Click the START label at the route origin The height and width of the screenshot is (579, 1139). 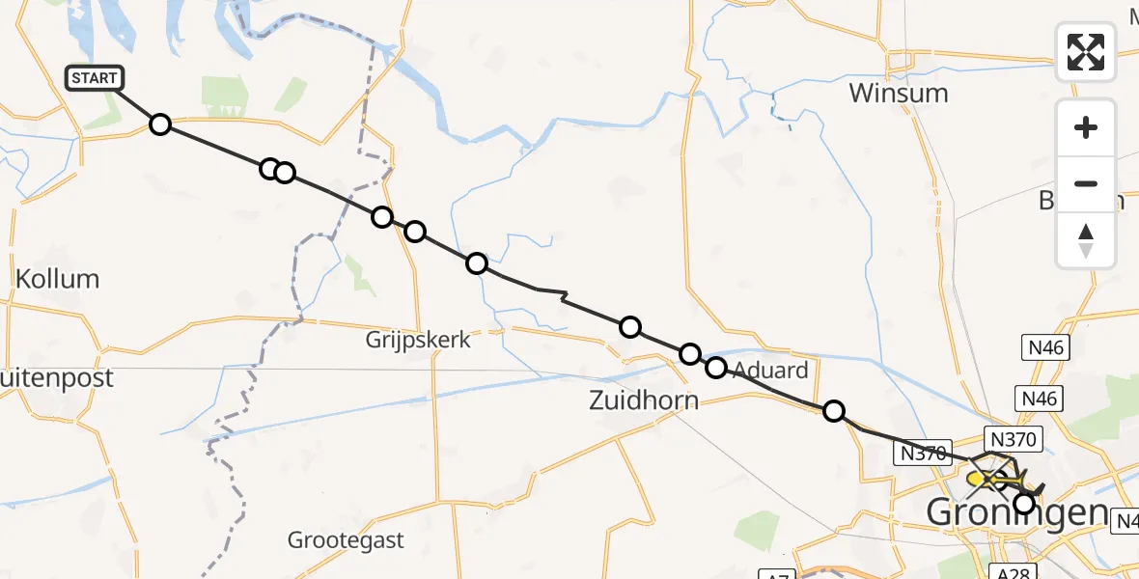(x=95, y=78)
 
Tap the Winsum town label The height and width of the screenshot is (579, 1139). (x=899, y=94)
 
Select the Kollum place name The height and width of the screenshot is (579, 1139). (x=58, y=279)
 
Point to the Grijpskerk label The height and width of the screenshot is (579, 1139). (x=418, y=340)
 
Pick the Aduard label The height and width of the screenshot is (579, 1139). (x=769, y=370)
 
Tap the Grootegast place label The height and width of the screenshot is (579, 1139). (x=347, y=539)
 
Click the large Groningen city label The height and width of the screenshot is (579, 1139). (x=1014, y=512)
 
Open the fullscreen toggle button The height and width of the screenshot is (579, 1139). (x=1086, y=52)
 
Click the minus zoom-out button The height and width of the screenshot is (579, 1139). (x=1086, y=183)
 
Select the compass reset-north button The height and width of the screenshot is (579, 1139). (x=1086, y=239)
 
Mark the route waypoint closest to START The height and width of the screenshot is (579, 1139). (x=160, y=124)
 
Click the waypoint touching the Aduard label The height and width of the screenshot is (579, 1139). (x=716, y=367)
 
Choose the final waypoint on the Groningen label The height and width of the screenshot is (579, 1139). (x=1024, y=503)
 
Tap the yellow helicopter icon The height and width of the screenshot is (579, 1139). (x=989, y=478)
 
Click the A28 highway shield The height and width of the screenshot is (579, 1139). (x=1012, y=569)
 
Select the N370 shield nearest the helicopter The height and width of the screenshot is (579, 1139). (x=1012, y=440)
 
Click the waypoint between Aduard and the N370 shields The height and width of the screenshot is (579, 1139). (x=833, y=412)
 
